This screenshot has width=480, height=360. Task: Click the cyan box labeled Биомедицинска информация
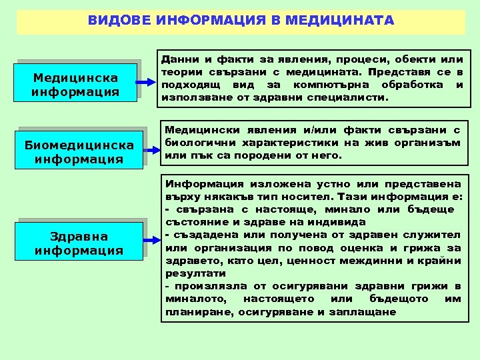click(x=78, y=151)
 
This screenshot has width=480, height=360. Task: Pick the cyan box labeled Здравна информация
click(x=79, y=243)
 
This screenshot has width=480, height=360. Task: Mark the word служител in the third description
click(x=435, y=235)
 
